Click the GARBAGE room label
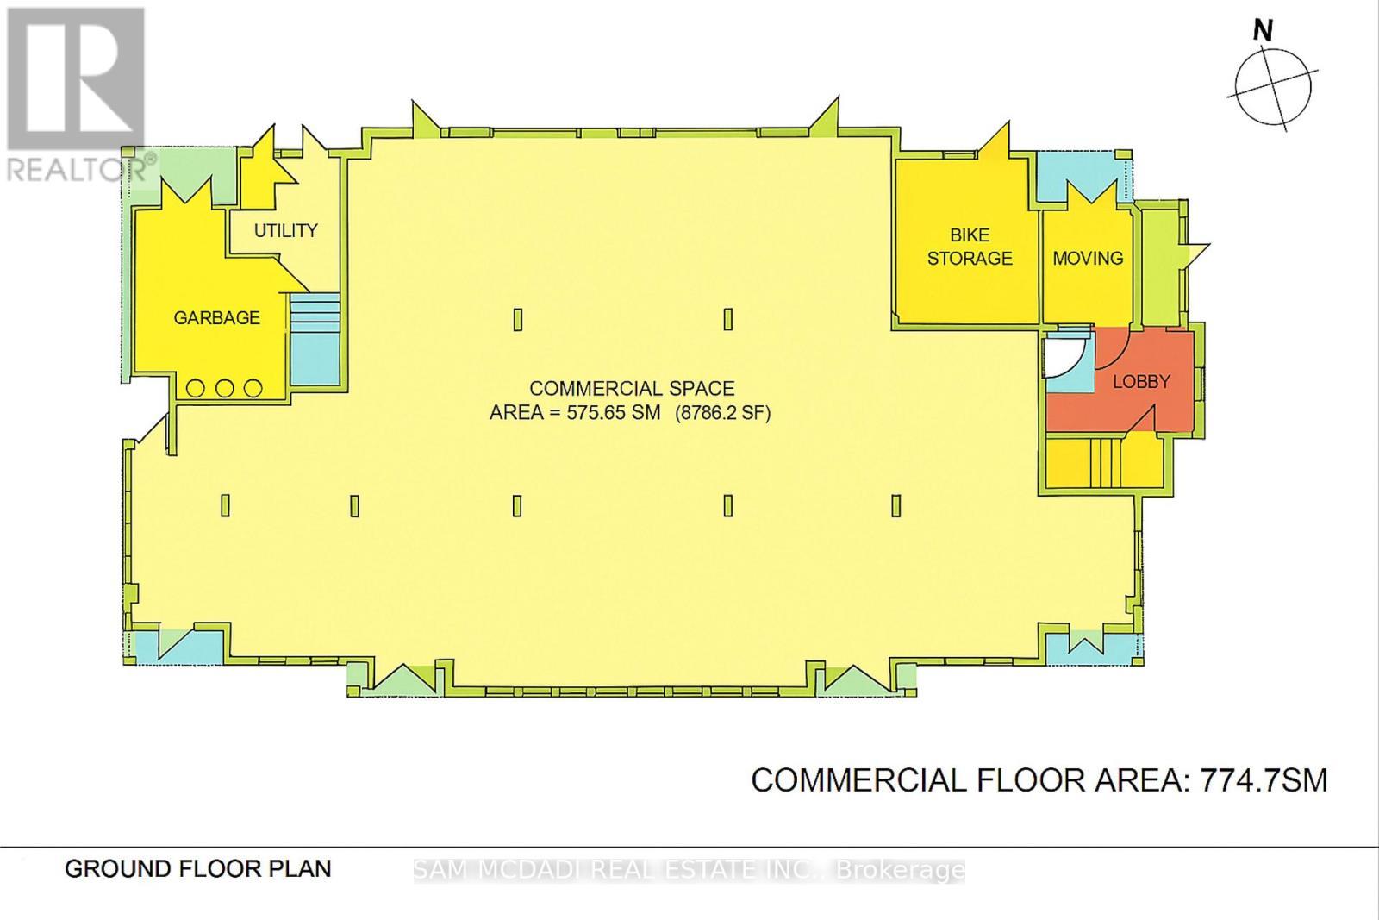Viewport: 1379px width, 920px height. coord(216,318)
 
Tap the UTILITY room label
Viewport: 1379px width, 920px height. coord(285,231)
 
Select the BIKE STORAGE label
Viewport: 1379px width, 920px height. coord(970,247)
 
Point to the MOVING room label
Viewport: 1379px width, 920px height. coord(1088,258)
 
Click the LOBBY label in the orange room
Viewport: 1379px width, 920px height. coord(1141,381)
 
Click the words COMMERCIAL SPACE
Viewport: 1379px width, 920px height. coord(632,389)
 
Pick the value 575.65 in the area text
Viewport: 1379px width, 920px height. coord(600,413)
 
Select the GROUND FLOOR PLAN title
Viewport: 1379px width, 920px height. coord(198,868)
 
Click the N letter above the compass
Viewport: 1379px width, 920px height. coord(1263,31)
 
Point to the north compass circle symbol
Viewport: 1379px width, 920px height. coord(1273,86)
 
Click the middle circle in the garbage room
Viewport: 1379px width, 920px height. coord(225,388)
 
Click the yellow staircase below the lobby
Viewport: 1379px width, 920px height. coord(1104,463)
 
